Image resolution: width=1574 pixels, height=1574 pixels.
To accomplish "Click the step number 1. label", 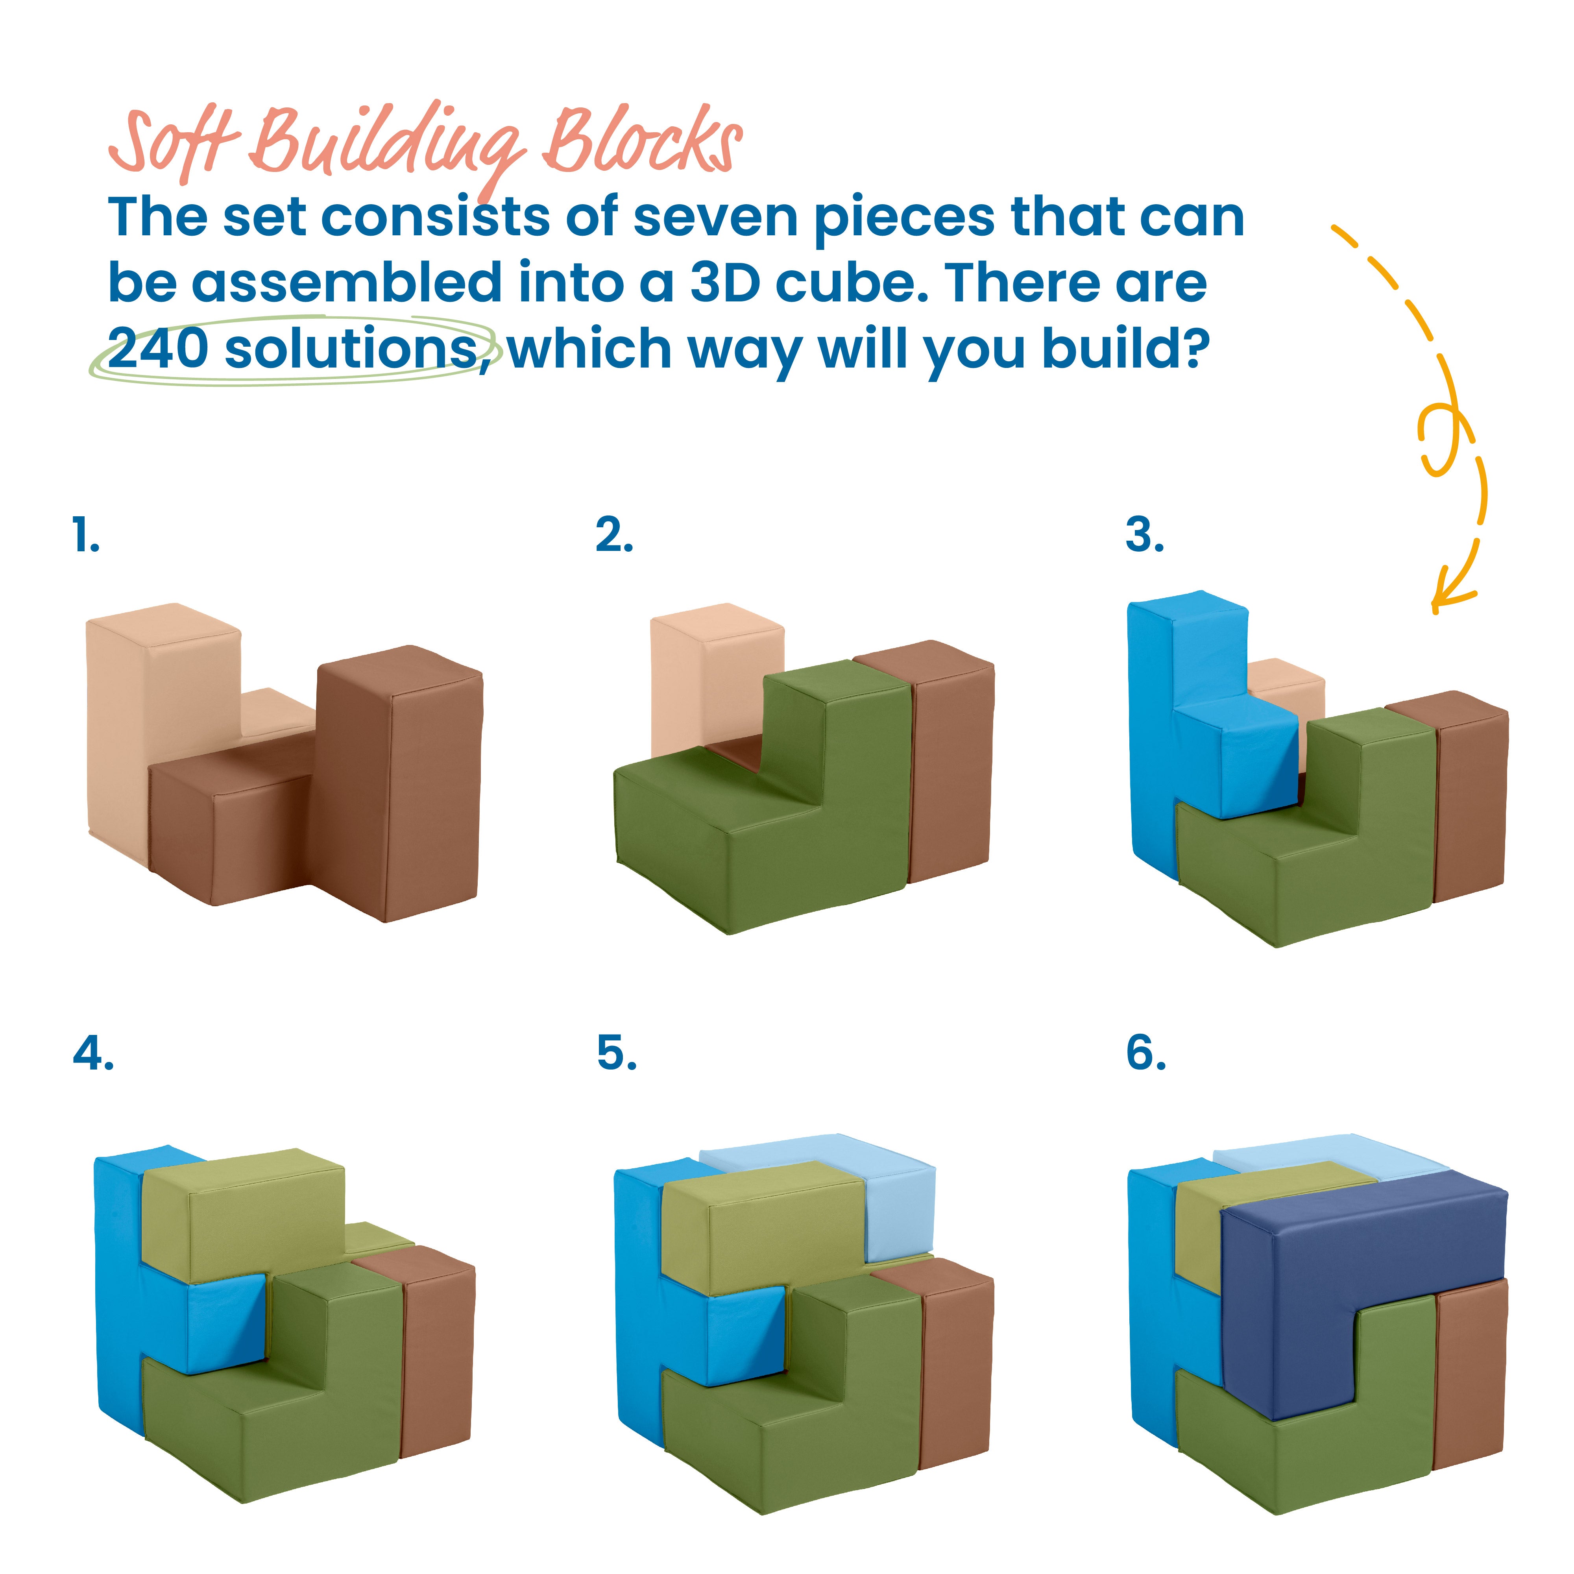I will click(x=85, y=535).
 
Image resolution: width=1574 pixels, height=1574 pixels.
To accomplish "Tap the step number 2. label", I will click(x=613, y=535).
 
